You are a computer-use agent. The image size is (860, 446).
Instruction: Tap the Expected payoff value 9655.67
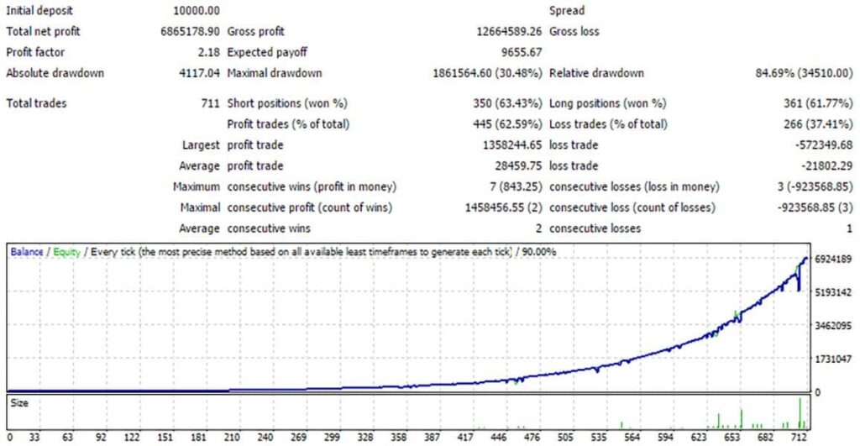(x=520, y=52)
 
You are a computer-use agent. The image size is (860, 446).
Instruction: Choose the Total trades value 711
(x=212, y=103)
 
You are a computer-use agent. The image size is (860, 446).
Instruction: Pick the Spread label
(x=567, y=11)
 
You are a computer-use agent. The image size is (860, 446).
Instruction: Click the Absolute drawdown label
(x=55, y=73)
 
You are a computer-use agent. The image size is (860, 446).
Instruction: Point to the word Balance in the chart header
(x=26, y=251)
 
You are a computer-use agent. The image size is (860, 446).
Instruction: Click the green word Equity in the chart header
(x=66, y=251)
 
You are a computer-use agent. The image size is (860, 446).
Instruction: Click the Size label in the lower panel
(x=18, y=402)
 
